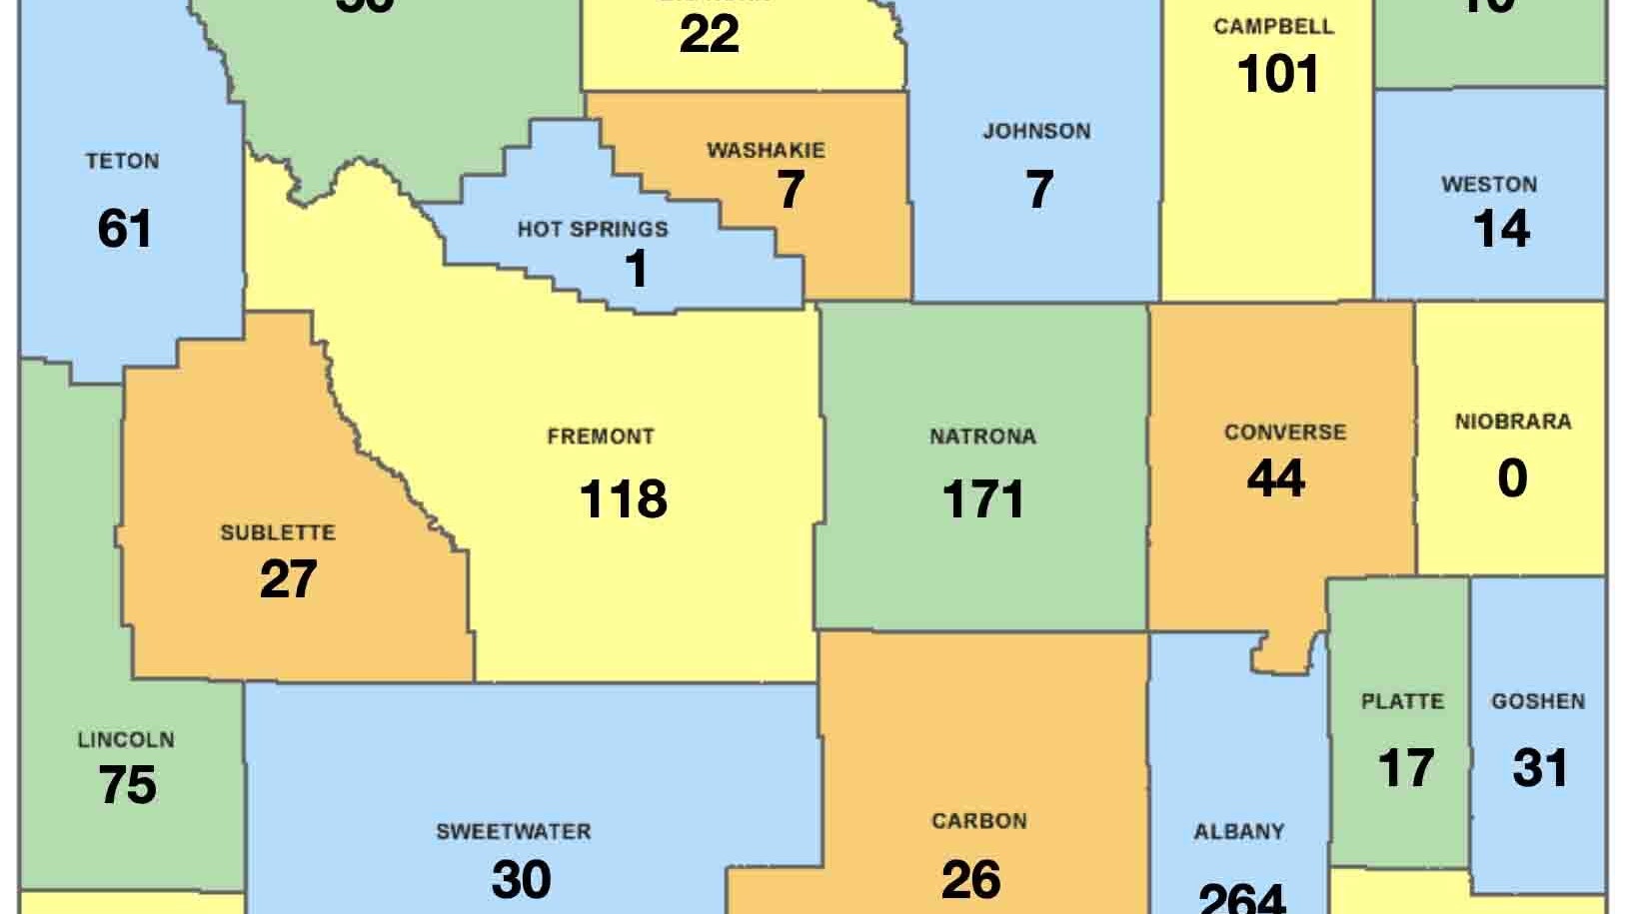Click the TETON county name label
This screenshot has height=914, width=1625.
pyautogui.click(x=122, y=161)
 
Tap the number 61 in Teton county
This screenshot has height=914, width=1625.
pyautogui.click(x=125, y=228)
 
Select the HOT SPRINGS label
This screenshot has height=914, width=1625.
pyautogui.click(x=593, y=230)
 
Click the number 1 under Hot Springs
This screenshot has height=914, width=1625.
pyautogui.click(x=636, y=269)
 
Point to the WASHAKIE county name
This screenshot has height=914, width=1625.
pyautogui.click(x=766, y=151)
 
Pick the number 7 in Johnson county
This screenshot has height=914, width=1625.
pyautogui.click(x=1039, y=190)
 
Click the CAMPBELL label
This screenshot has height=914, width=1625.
pyautogui.click(x=1273, y=26)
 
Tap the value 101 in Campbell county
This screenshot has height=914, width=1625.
pyautogui.click(x=1278, y=74)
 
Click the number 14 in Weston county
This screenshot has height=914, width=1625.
pyautogui.click(x=1501, y=229)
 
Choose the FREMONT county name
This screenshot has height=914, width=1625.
pyautogui.click(x=601, y=437)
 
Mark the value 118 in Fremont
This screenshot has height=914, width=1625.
pyautogui.click(x=623, y=498)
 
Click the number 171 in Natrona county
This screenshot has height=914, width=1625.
pyautogui.click(x=983, y=498)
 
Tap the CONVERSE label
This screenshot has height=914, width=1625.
pyautogui.click(x=1284, y=433)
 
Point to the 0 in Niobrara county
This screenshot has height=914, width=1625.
pyautogui.click(x=1512, y=478)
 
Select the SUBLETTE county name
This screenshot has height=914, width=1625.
pyautogui.click(x=277, y=532)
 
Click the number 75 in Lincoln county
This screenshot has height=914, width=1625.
pyautogui.click(x=128, y=785)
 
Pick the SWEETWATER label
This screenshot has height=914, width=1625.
pyautogui.click(x=513, y=831)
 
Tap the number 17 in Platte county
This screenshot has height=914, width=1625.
pyautogui.click(x=1405, y=768)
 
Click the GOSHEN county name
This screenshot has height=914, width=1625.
pyautogui.click(x=1537, y=702)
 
